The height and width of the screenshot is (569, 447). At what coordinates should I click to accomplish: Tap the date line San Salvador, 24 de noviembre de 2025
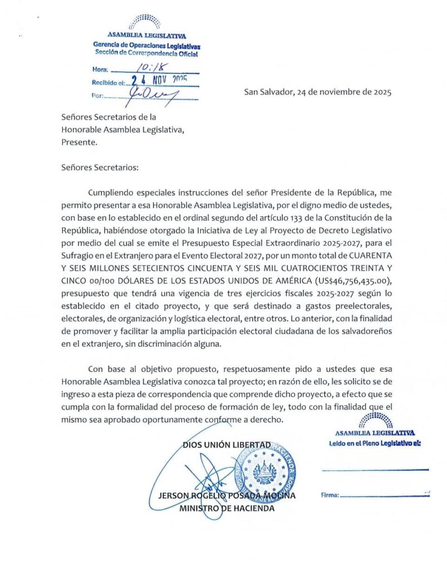pos(317,92)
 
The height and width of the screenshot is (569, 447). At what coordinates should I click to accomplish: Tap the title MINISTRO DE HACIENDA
pos(227,508)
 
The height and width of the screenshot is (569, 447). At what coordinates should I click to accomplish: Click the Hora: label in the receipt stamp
pos(100,70)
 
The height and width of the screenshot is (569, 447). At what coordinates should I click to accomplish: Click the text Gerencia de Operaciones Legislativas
pos(146,45)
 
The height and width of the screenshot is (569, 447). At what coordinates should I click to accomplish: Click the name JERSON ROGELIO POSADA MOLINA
pos(227,496)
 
